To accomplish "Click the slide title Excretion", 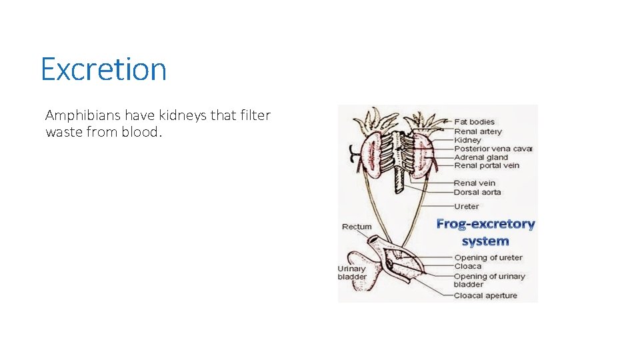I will (x=103, y=69).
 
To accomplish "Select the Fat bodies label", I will (x=474, y=122).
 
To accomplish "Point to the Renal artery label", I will (x=478, y=131).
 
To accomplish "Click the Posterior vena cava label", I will (x=493, y=149).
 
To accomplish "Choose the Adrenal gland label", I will (x=481, y=157).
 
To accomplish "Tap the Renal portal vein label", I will (x=486, y=165).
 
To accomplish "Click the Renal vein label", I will (x=474, y=183).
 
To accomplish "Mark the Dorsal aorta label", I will (x=477, y=192).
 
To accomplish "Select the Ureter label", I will (x=467, y=206).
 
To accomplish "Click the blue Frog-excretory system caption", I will (x=485, y=232).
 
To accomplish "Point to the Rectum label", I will (x=357, y=227).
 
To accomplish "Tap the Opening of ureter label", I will (x=488, y=257).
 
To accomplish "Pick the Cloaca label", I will (x=467, y=266).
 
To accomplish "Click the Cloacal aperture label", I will (x=485, y=295).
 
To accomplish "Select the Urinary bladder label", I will (x=352, y=273).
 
